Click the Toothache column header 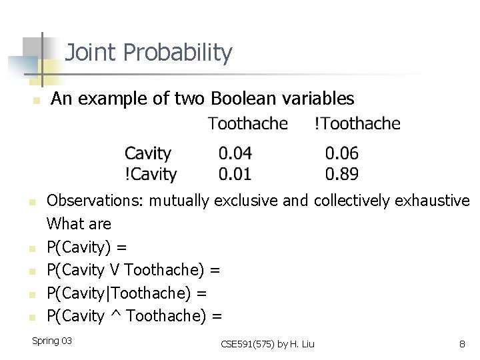point(247,124)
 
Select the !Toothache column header point(357,124)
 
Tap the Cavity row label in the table point(147,154)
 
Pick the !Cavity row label point(151,175)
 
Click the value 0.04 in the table point(235,154)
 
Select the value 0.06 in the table point(341,154)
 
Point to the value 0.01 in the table point(235,175)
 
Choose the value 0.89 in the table point(341,175)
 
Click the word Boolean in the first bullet point(240,99)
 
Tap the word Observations point(95,201)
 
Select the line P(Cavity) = point(87,247)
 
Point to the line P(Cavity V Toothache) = point(133,270)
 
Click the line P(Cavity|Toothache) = point(127,293)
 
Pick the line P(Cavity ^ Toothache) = point(134,315)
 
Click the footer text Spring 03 point(52,341)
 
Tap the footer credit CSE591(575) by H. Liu point(267,344)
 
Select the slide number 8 point(461,344)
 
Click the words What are point(79,223)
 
